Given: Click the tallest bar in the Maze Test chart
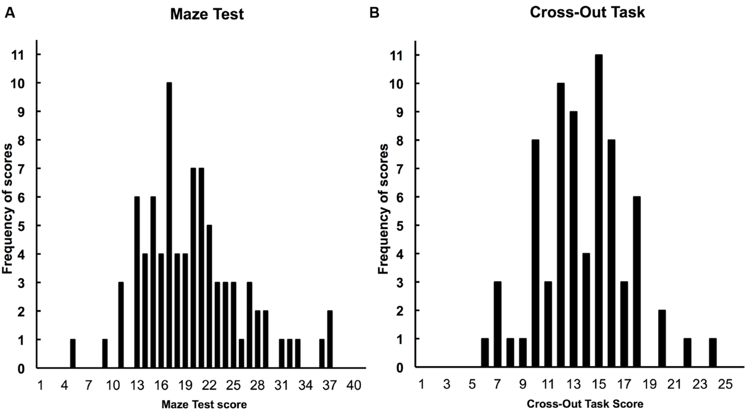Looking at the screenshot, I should coord(169,226).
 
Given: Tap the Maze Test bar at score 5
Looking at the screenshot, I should coord(73,354).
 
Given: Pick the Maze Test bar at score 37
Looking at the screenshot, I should coord(330,340).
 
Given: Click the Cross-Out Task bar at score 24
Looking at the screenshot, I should coord(713,354).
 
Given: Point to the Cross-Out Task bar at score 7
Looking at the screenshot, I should coord(497,325).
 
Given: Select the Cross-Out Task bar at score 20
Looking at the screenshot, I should coord(662,339).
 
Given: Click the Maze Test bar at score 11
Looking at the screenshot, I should coord(121,325).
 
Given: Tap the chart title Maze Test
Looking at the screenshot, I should coord(207,14).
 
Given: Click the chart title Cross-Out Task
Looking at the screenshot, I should coord(587,12).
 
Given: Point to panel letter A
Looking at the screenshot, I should coord(9,13).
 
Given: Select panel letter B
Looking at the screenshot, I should coord(374,13).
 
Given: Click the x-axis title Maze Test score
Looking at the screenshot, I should coord(204,404).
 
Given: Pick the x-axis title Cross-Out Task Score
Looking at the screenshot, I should coord(585,404).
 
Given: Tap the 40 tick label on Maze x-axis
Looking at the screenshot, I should coord(354,386).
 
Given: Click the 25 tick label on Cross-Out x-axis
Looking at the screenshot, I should coord(725,386).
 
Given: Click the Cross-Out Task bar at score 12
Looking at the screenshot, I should coord(561,226).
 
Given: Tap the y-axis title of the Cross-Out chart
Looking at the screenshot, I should coord(383,209).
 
